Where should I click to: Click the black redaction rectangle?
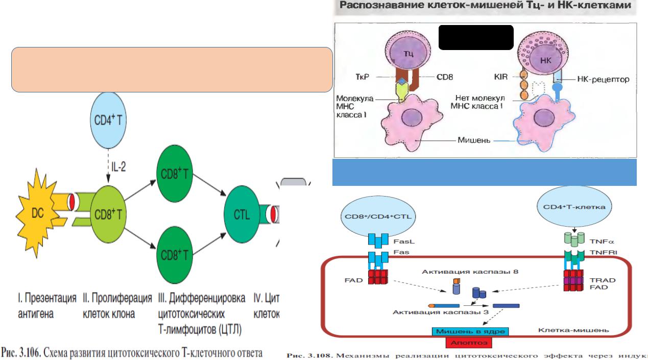pyautogui.click(x=475, y=37)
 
